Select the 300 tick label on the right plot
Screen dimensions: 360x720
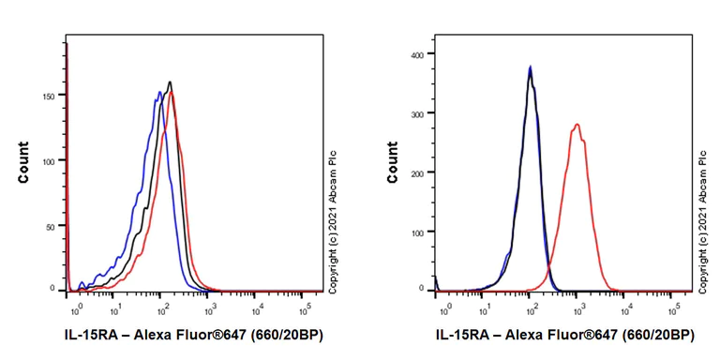click(418, 113)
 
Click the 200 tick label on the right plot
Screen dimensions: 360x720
click(418, 172)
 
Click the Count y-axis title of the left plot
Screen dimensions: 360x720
click(23, 162)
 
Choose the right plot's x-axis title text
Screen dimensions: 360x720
click(565, 335)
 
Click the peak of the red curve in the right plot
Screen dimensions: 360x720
click(577, 124)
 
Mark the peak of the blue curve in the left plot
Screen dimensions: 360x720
click(160, 91)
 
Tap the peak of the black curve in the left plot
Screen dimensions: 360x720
click(170, 82)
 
